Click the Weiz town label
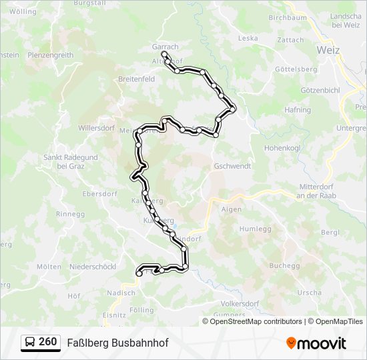point(328,50)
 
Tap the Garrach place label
point(165,47)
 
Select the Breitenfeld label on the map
point(136,79)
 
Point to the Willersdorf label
point(97,127)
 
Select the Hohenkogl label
point(283,147)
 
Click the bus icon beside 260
point(30,343)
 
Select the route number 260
point(47,342)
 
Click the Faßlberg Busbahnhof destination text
point(117,343)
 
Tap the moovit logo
point(316,343)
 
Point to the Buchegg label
point(286,265)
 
